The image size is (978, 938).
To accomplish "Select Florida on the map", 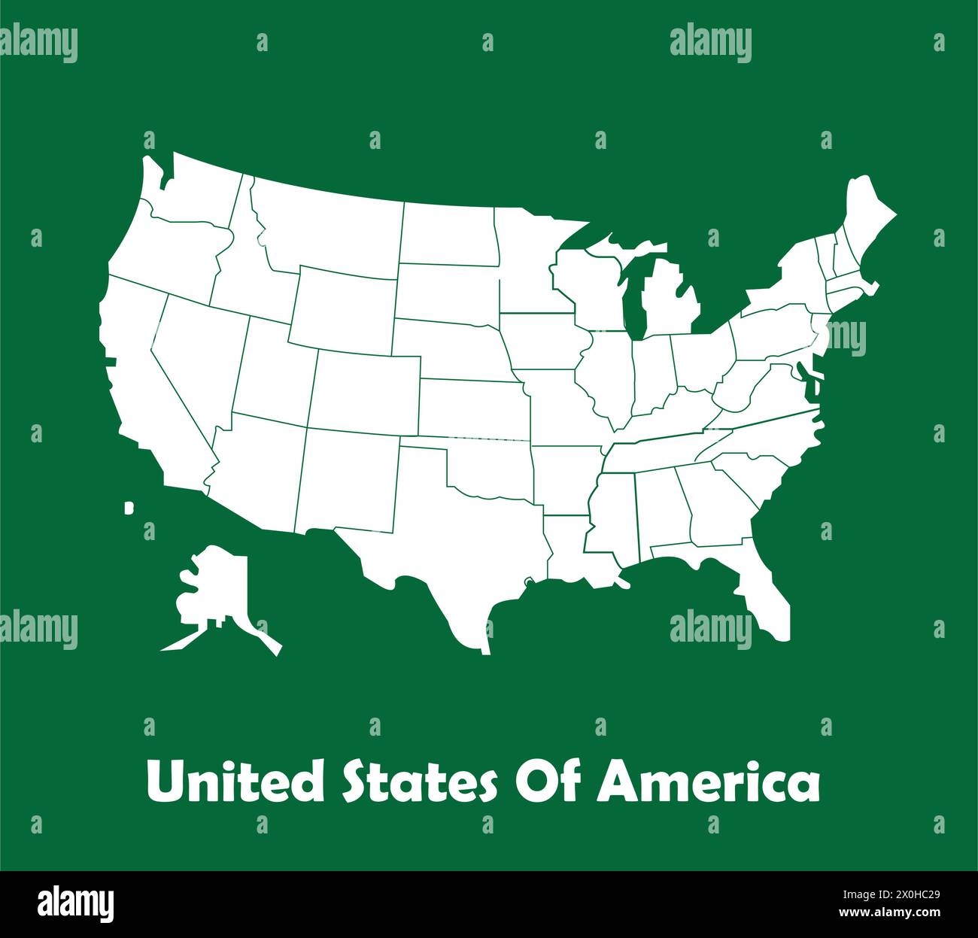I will click(767, 594).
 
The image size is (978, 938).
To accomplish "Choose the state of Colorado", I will click(365, 391).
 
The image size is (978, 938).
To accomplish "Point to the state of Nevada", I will click(199, 361).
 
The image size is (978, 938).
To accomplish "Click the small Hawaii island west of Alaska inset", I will click(129, 508).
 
